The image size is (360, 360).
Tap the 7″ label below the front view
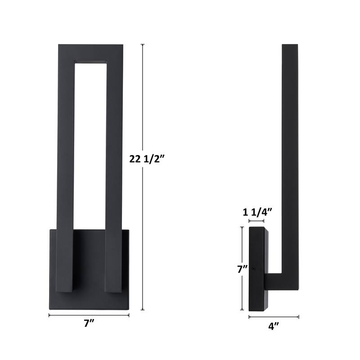click(89, 324)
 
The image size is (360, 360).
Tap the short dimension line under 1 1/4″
click(256, 222)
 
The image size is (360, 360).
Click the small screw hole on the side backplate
click(254, 270)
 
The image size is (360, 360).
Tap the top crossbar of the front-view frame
click(91, 51)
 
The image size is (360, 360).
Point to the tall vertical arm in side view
click(290, 157)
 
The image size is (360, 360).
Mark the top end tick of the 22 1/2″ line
click(143, 44)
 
